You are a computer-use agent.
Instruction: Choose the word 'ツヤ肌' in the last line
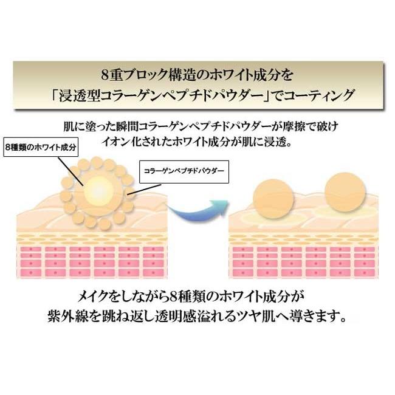click(264, 317)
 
